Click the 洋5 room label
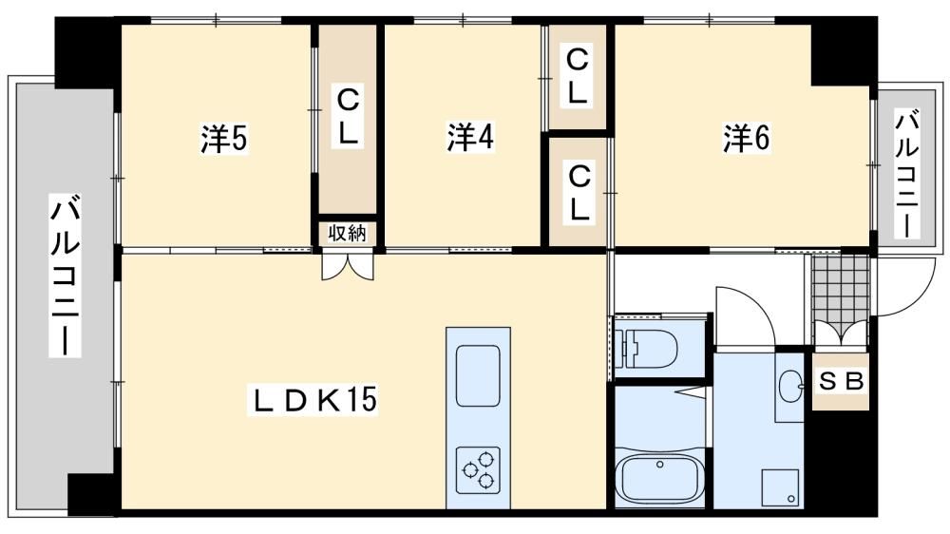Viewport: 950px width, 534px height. pyautogui.click(x=224, y=139)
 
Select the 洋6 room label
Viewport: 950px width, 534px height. pyautogui.click(x=746, y=138)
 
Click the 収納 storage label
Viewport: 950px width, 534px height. pyautogui.click(x=347, y=234)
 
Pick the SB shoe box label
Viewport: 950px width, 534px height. pyautogui.click(x=841, y=381)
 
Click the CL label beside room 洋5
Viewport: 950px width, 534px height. pyautogui.click(x=347, y=117)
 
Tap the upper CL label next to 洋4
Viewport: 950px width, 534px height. pyautogui.click(x=577, y=76)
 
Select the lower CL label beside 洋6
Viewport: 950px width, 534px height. pyautogui.click(x=579, y=193)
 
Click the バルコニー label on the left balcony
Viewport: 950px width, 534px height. pyautogui.click(x=65, y=276)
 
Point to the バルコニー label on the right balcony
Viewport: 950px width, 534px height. pyautogui.click(x=907, y=173)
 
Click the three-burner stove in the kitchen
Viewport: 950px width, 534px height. pyautogui.click(x=478, y=470)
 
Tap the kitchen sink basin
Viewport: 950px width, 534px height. pyautogui.click(x=478, y=376)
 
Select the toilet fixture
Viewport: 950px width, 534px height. pyautogui.click(x=646, y=349)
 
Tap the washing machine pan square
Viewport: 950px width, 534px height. pyautogui.click(x=782, y=486)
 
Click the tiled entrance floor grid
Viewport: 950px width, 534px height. pyautogui.click(x=841, y=285)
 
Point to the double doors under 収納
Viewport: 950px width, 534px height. pyautogui.click(x=347, y=267)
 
